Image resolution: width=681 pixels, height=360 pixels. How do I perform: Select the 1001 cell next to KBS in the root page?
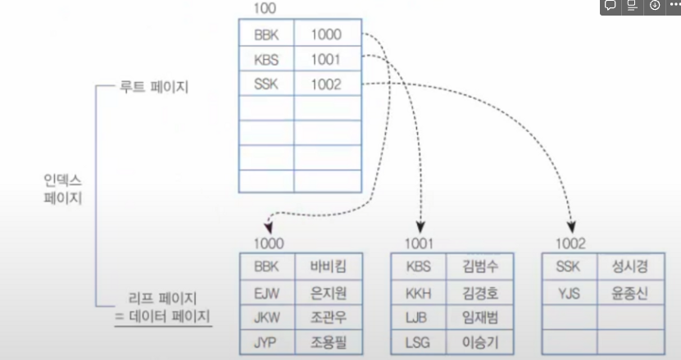pyautogui.click(x=326, y=60)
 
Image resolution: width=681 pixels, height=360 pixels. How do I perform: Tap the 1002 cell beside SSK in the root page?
pyautogui.click(x=326, y=84)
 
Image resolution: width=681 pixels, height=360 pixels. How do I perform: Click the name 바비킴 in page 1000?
pyautogui.click(x=329, y=267)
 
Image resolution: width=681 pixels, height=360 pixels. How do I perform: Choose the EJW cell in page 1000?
pyautogui.click(x=267, y=291)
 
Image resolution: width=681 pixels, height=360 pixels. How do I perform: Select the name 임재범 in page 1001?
pyautogui.click(x=479, y=316)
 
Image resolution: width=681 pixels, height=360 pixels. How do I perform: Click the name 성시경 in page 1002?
pyautogui.click(x=629, y=267)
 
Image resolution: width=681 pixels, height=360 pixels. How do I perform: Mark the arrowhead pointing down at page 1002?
pyautogui.click(x=571, y=225)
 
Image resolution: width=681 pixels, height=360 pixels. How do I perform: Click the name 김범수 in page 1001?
pyautogui.click(x=479, y=267)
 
